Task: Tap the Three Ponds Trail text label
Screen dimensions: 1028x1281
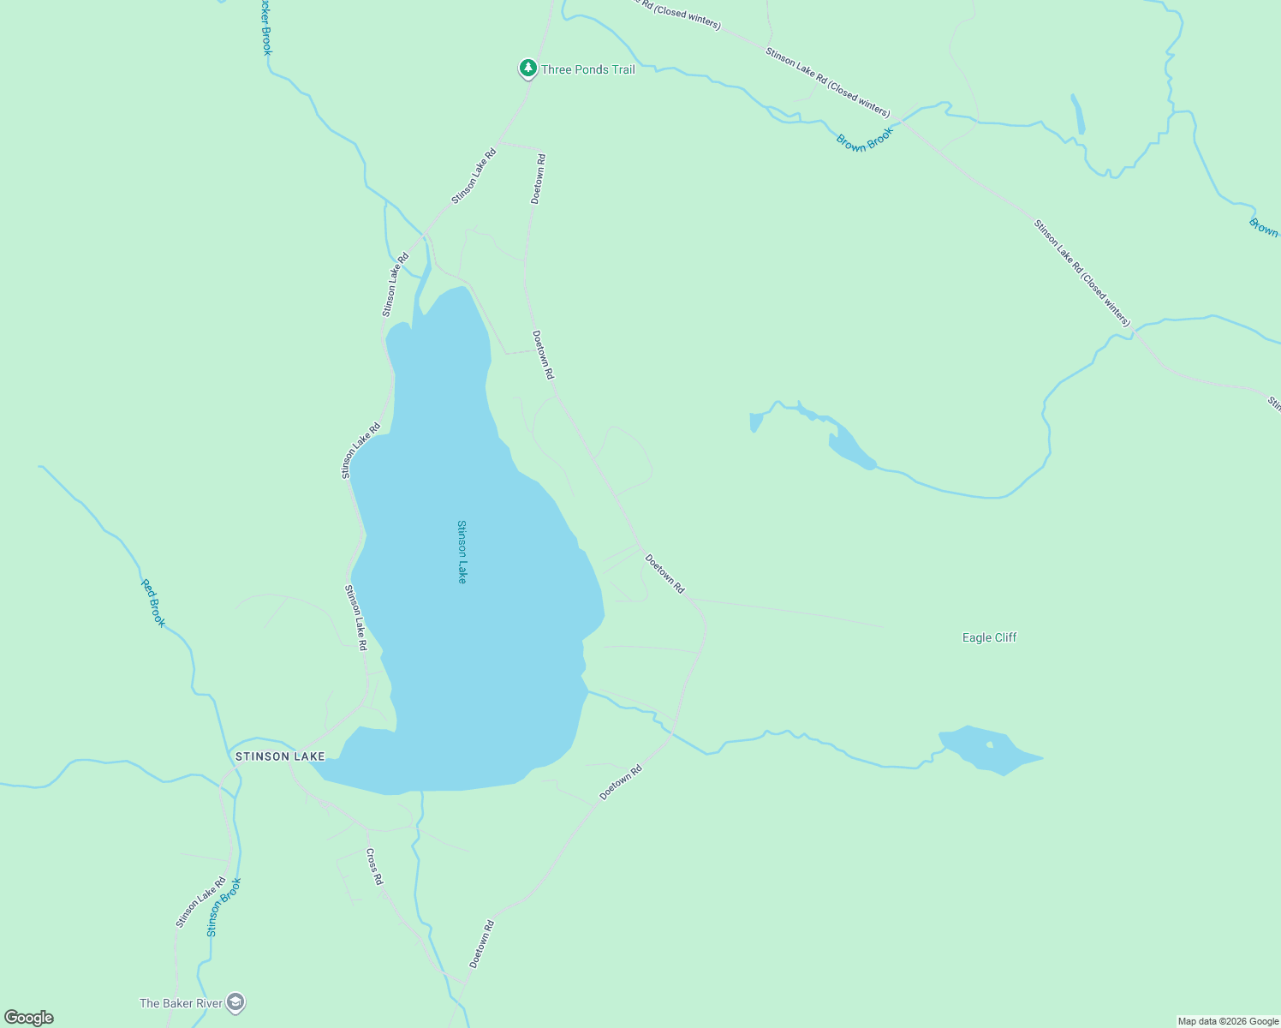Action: pyautogui.click(x=588, y=69)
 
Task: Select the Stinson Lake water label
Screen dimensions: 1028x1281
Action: pyautogui.click(x=462, y=552)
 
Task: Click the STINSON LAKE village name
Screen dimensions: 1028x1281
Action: pyautogui.click(x=280, y=756)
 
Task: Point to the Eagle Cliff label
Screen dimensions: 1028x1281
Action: pyautogui.click(x=989, y=637)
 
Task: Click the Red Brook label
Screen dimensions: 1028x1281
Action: pyautogui.click(x=153, y=603)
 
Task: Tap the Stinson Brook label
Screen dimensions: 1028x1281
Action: pyautogui.click(x=224, y=906)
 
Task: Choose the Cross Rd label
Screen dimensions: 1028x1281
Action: pyautogui.click(x=373, y=866)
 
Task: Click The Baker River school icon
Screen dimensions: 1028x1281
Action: pyautogui.click(x=235, y=1002)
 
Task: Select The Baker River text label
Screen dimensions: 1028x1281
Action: pyautogui.click(x=181, y=1003)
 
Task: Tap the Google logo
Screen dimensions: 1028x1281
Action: pyautogui.click(x=29, y=1018)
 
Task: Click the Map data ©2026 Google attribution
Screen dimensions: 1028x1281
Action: pyautogui.click(x=1228, y=1021)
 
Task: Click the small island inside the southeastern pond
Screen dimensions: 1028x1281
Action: pyautogui.click(x=990, y=744)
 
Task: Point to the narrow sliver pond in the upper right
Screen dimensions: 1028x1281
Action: pyautogui.click(x=1078, y=114)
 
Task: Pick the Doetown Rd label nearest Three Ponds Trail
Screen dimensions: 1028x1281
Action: pyautogui.click(x=538, y=178)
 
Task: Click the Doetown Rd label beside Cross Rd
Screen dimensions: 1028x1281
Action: pyautogui.click(x=482, y=944)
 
